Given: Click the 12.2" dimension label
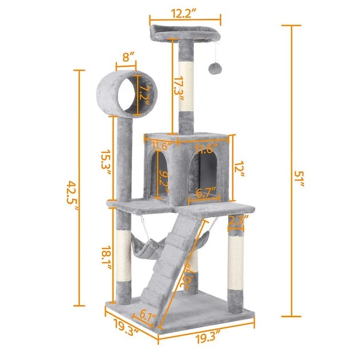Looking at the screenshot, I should click(184, 11).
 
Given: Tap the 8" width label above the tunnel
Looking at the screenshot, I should click(129, 58).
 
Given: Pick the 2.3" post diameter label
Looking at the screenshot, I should click(238, 218).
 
